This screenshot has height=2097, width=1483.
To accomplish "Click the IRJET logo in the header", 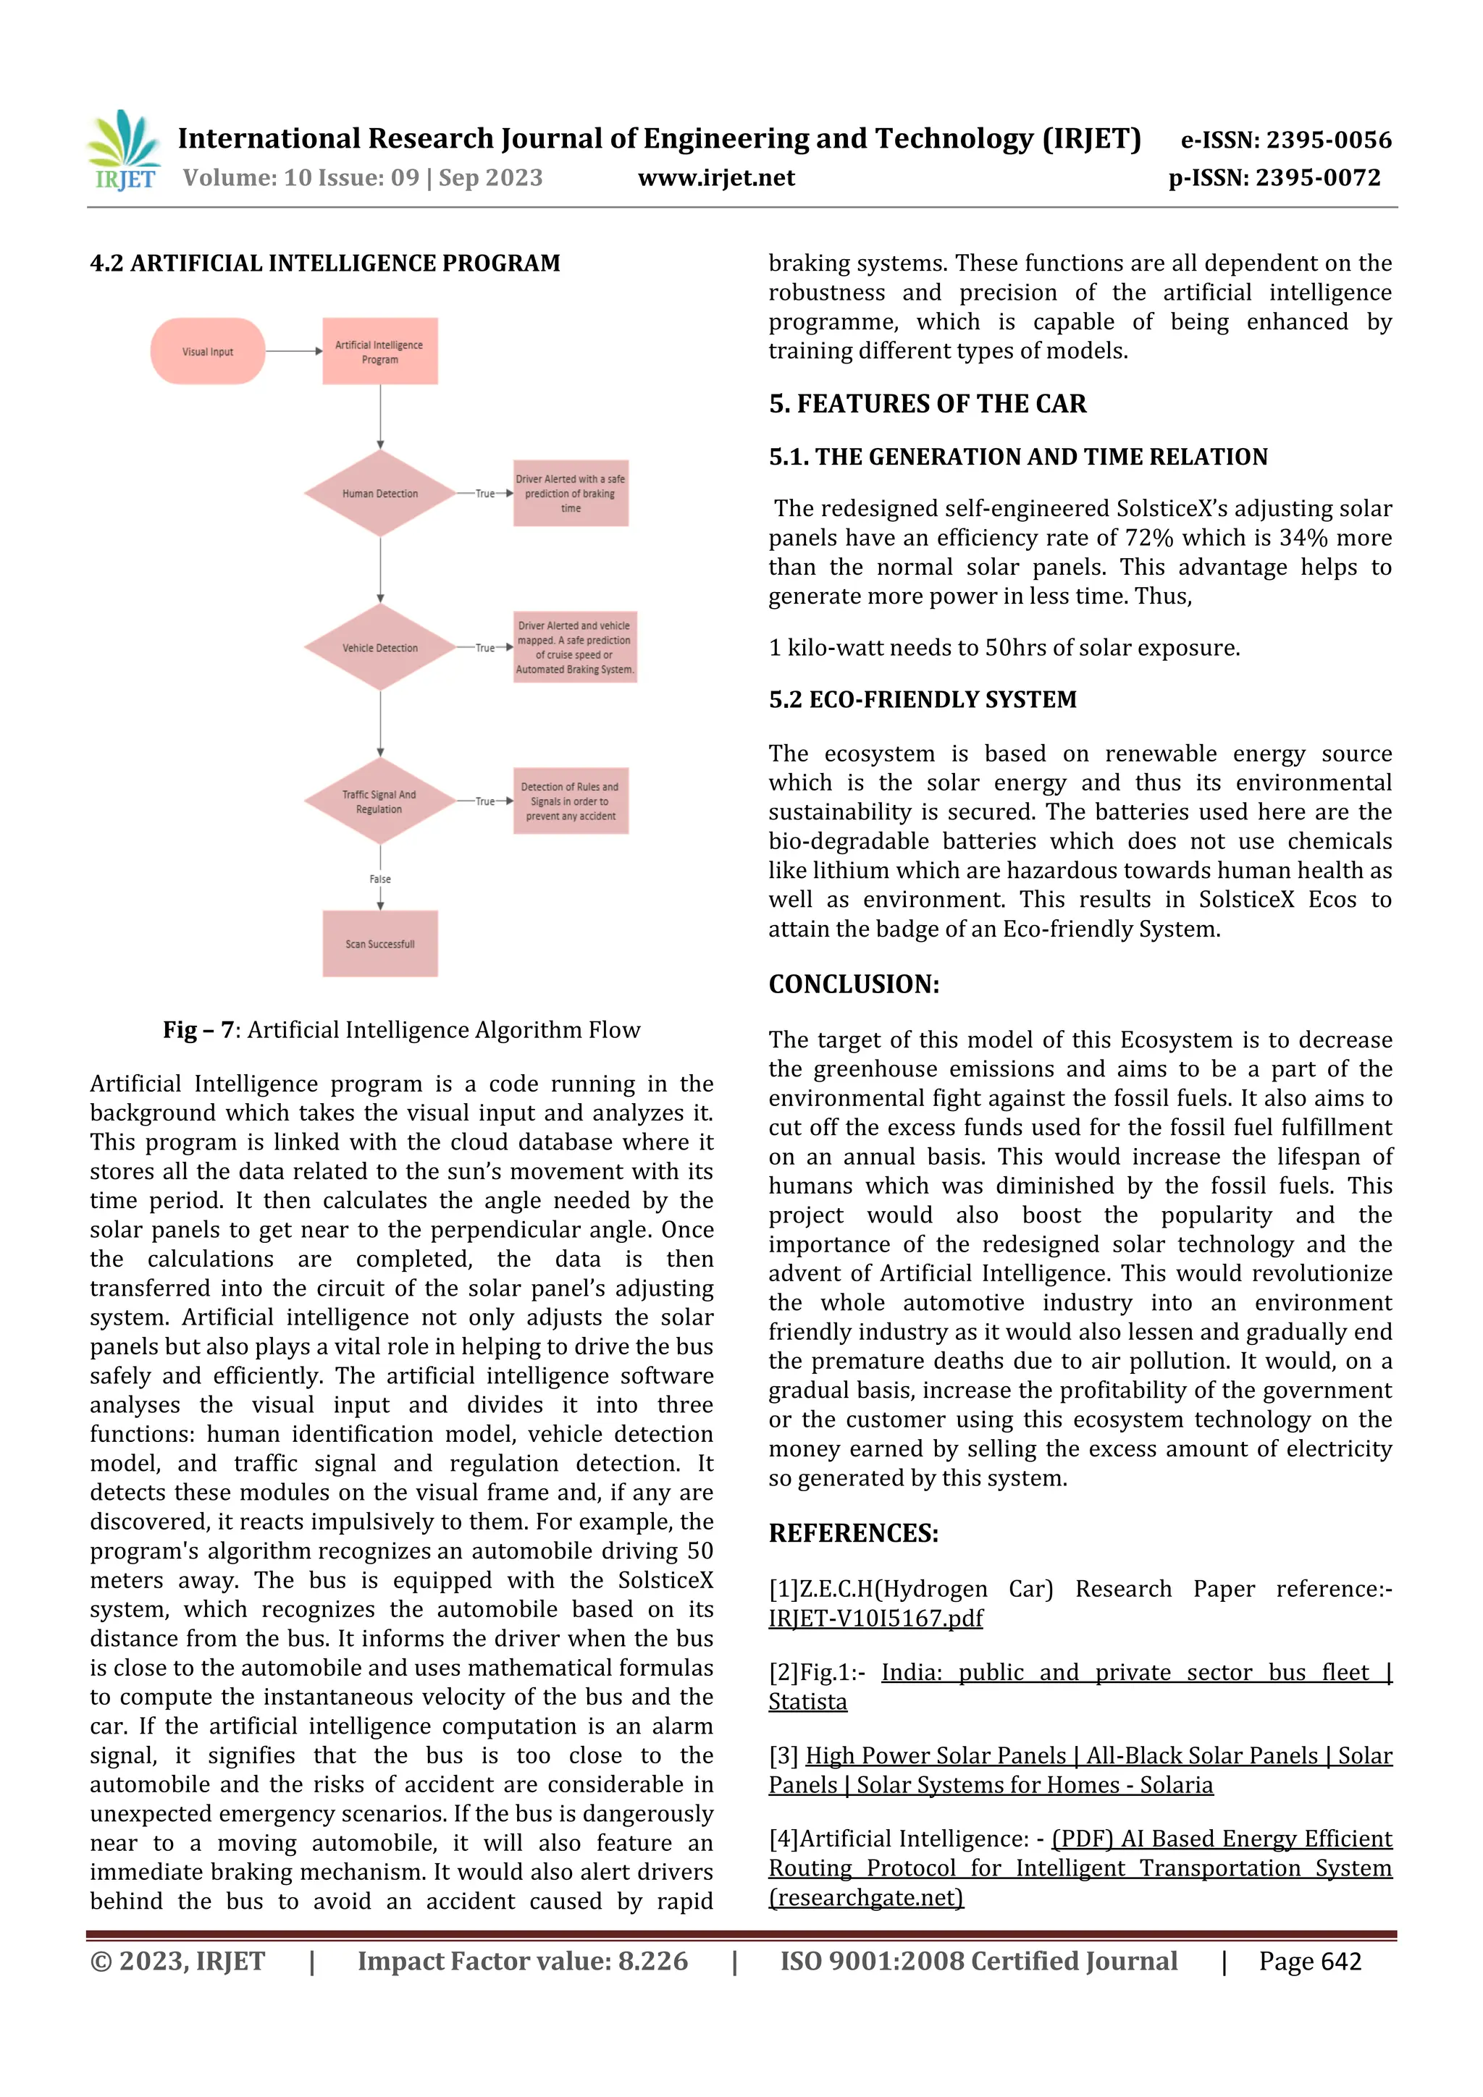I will point(123,151).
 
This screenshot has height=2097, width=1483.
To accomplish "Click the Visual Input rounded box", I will point(207,352).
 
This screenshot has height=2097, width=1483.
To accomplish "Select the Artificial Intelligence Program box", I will point(379,352).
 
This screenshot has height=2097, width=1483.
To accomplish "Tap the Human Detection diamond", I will point(379,493).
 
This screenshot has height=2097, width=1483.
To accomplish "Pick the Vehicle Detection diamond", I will point(379,648).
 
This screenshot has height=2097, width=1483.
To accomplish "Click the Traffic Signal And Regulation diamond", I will point(379,802).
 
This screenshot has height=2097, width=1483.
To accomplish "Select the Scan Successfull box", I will point(379,943).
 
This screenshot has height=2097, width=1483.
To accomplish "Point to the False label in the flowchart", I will point(380,879).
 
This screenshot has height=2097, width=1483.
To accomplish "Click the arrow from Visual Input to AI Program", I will point(293,351).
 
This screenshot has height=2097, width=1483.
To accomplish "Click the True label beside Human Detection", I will point(485,493).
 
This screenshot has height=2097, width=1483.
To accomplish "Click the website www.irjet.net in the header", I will point(716,178).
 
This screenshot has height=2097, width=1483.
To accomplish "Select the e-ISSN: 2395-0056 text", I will point(1285,140).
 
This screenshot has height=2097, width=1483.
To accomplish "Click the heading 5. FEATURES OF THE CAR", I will point(928,404).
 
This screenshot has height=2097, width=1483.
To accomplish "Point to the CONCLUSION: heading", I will point(854,984).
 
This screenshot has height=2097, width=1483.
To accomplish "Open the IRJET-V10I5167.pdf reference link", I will point(875,1619).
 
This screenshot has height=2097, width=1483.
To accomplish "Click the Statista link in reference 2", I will point(807,1702).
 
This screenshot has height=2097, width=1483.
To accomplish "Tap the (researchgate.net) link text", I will point(866,1898).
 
